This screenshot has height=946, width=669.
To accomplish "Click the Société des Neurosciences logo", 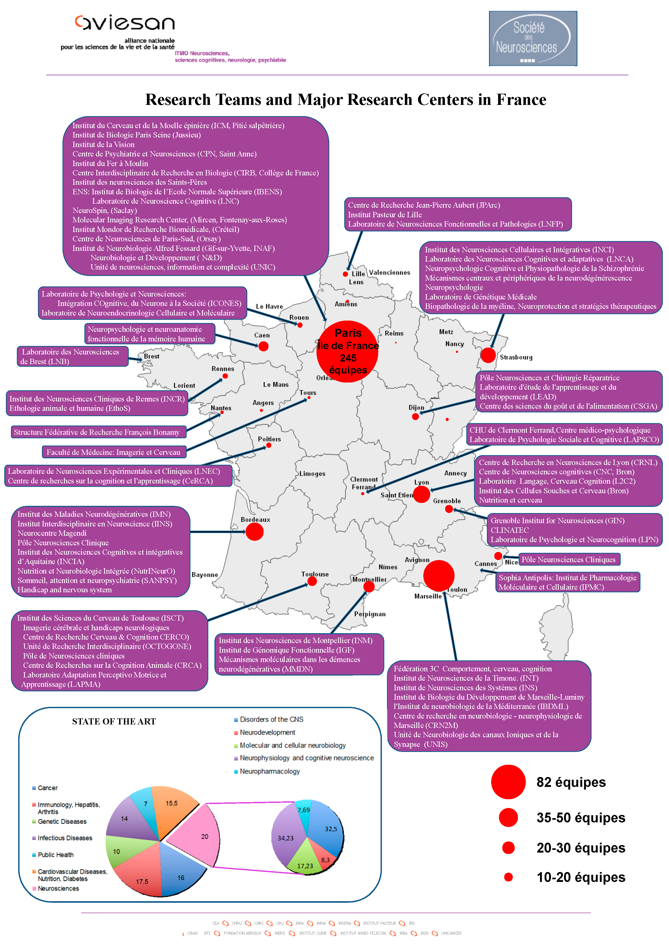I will click(533, 38).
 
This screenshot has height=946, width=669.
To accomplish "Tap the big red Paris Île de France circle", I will click(347, 352).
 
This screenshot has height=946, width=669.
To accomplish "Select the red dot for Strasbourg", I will click(488, 355).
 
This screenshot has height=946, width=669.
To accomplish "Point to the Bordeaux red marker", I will click(254, 532).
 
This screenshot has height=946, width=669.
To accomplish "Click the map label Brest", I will click(151, 356).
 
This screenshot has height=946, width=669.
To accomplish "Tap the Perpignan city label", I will click(370, 614).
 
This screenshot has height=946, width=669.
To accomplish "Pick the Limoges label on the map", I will click(312, 474).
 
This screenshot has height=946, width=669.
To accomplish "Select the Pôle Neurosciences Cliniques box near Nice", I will click(569, 559).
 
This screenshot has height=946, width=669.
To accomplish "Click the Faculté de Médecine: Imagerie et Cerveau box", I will click(113, 452).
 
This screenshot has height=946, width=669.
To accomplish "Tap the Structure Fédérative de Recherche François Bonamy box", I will click(98, 432).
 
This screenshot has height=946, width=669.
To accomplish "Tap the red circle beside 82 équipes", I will click(508, 782).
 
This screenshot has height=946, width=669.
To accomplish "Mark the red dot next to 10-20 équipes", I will click(508, 877).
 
